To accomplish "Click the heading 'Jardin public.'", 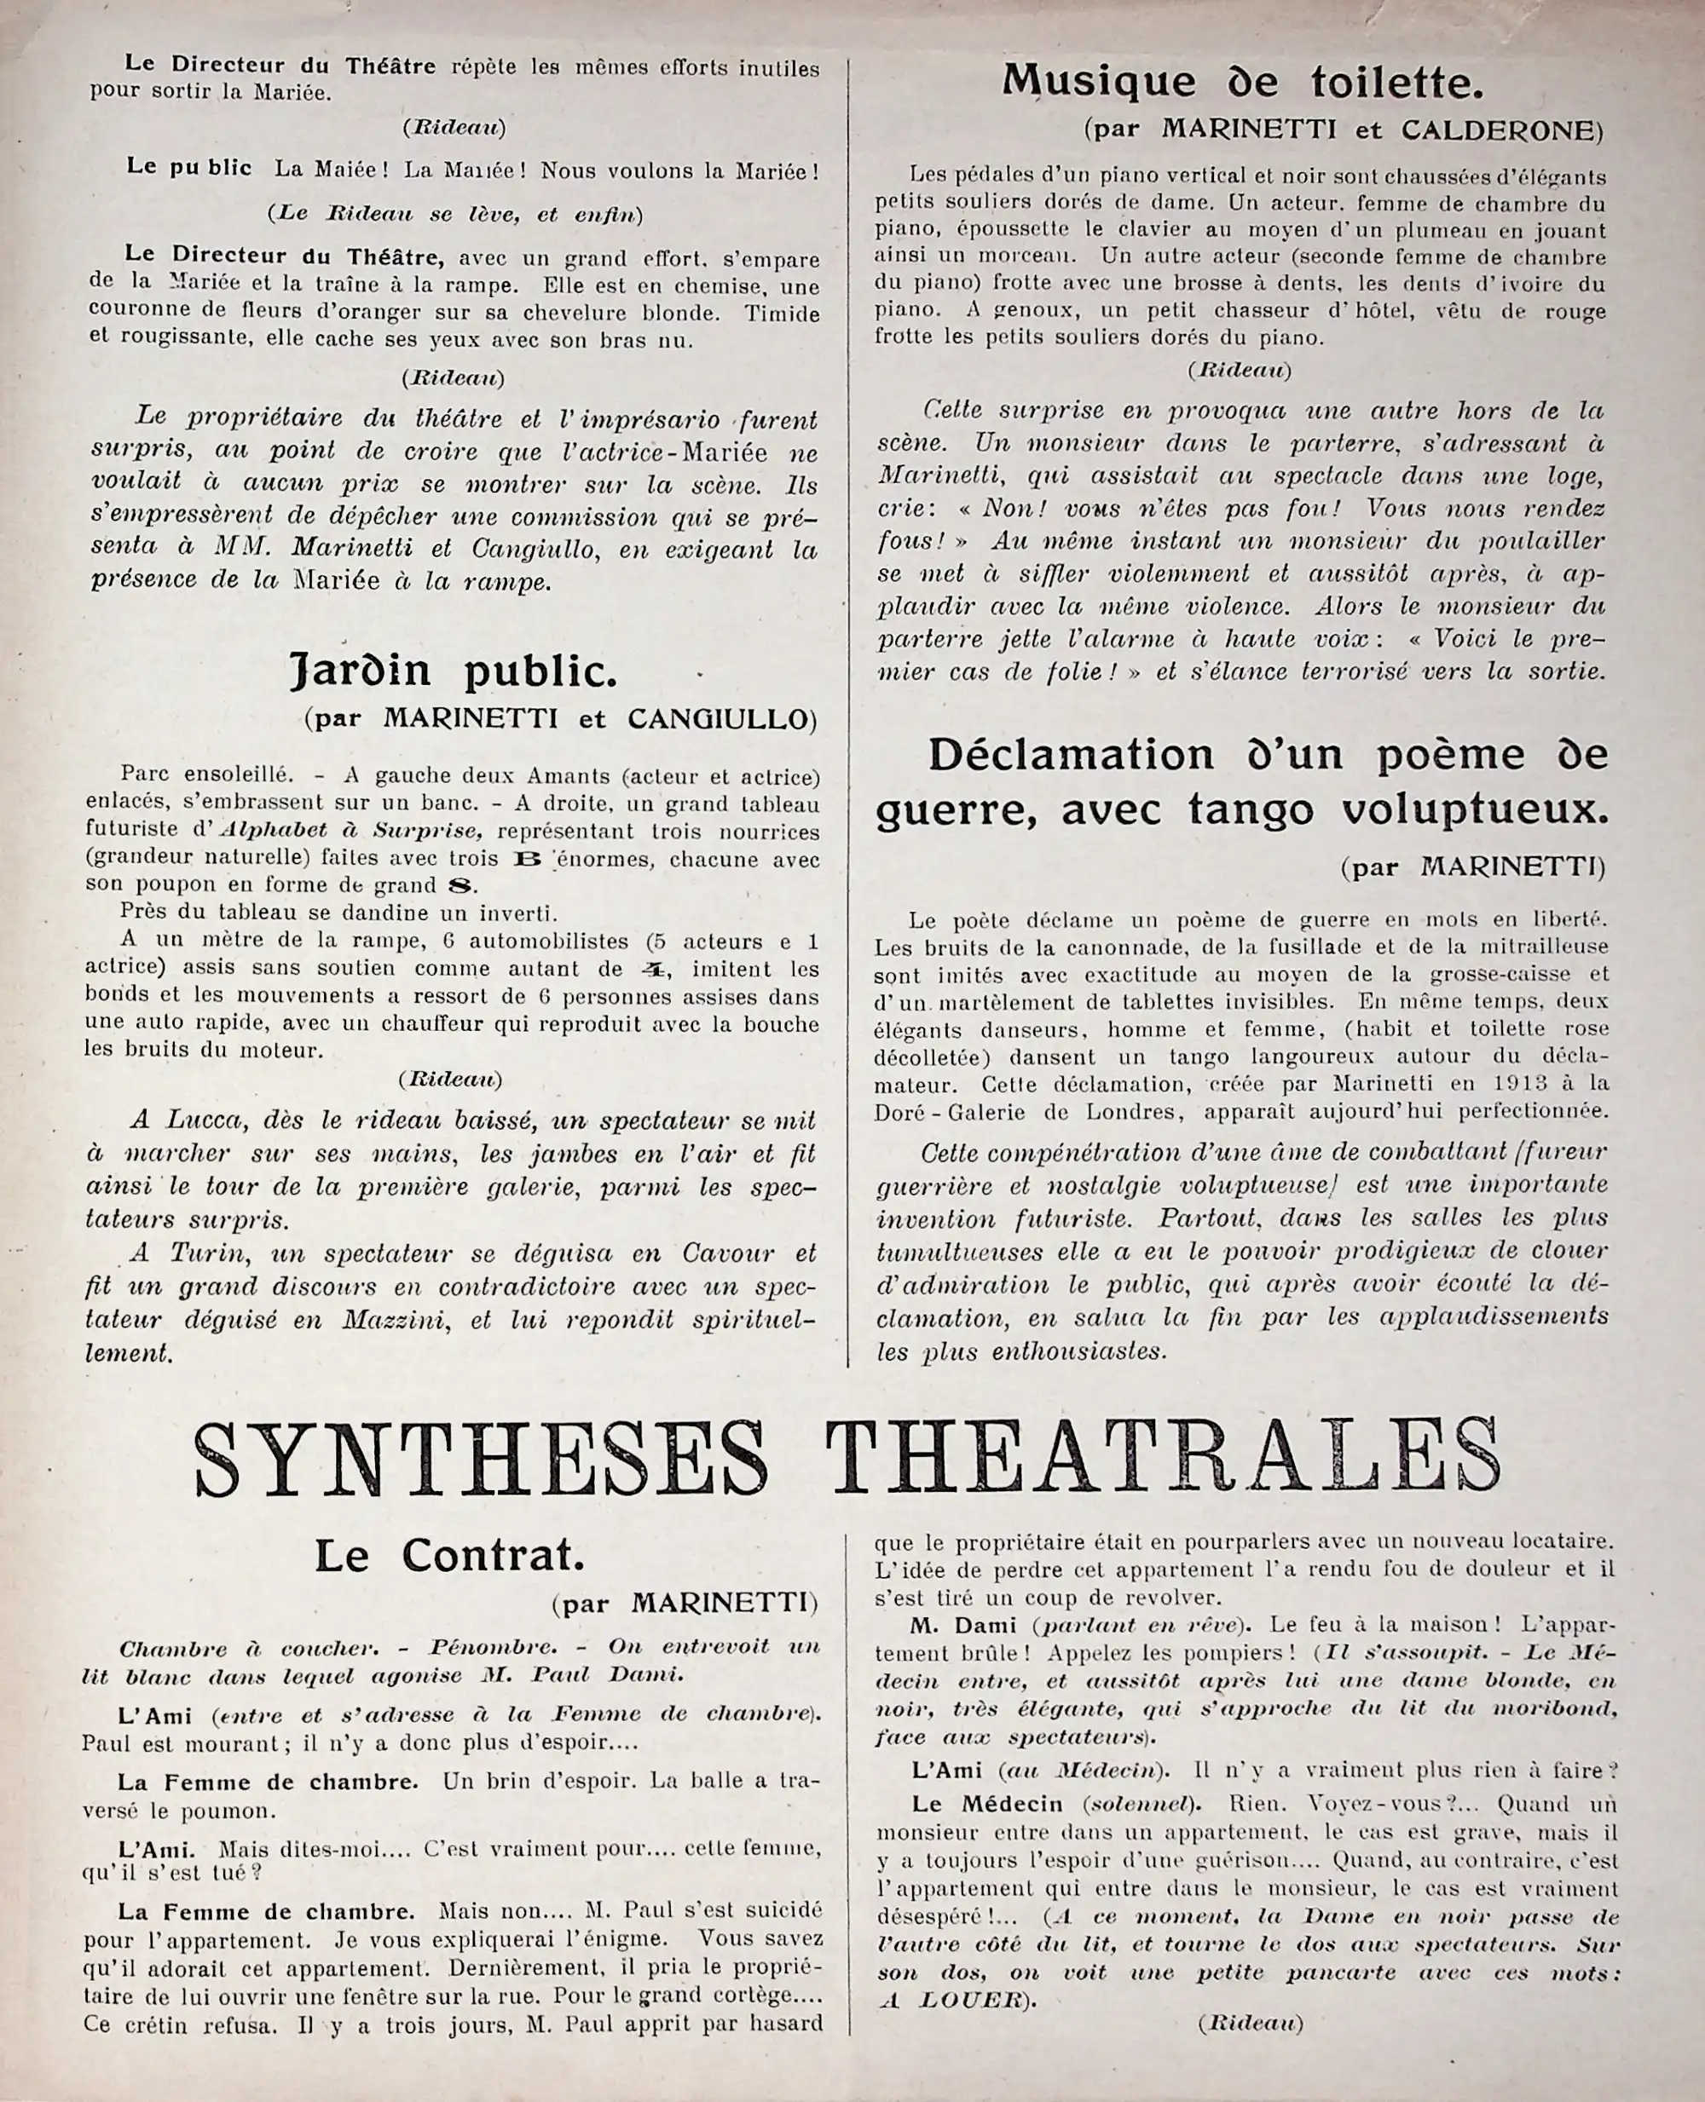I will pos(454,671).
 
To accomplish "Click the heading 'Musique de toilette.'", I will pos(1242,83).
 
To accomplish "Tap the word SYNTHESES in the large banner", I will pos(479,1460).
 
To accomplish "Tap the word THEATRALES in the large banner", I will pos(1163,1460).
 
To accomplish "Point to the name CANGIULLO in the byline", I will pos(716,720).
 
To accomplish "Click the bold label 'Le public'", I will pos(188,168).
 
